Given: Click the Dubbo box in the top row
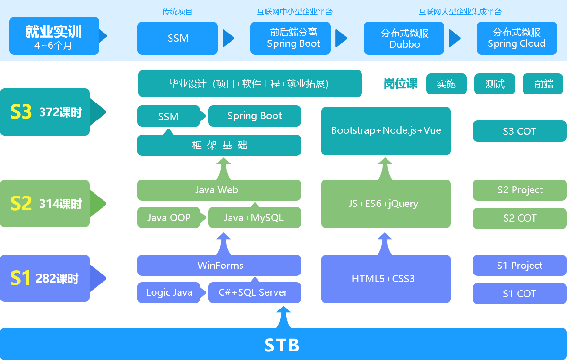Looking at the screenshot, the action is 404,38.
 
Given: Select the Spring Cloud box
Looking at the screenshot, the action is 516,38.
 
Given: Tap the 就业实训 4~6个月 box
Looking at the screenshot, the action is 54,36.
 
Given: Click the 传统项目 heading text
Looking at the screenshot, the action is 177,12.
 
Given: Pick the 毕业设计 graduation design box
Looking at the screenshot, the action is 250,84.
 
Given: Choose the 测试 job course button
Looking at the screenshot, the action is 494,84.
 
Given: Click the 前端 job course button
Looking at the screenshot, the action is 543,84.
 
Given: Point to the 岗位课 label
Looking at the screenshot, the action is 400,84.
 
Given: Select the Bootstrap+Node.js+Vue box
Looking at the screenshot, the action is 386,131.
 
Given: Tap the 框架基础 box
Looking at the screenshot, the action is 219,145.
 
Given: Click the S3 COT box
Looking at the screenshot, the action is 519,131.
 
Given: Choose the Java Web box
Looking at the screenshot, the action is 219,190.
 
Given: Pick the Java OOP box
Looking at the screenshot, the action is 169,217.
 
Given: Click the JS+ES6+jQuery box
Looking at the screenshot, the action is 386,204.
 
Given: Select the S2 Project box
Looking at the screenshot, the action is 519,190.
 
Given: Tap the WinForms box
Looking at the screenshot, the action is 219,265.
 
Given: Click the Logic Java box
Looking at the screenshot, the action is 169,292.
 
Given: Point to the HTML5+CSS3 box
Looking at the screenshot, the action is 386,279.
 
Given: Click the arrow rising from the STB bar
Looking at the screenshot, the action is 283,317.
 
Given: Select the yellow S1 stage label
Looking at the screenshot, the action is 20,278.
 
